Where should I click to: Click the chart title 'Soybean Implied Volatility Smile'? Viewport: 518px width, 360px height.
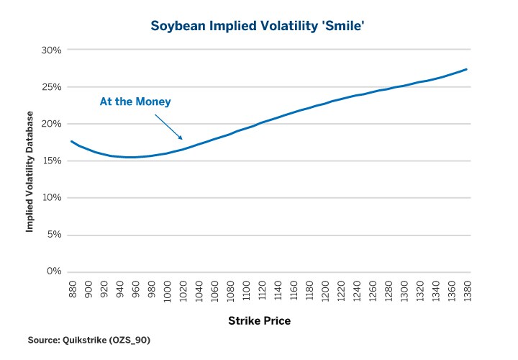258,26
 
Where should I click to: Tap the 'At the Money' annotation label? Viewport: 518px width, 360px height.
135,102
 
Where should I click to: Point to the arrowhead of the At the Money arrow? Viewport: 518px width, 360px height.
183,139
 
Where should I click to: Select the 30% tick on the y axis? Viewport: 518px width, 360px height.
51,50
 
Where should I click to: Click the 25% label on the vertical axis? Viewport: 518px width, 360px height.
51,87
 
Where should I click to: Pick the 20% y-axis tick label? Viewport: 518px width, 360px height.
51,124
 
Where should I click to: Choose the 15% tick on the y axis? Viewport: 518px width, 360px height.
51,161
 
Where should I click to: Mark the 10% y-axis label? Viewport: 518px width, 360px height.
51,197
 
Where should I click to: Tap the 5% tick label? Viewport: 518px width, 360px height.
53,235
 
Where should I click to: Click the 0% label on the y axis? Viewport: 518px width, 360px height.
53,271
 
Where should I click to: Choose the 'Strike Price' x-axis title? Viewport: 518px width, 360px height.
259,319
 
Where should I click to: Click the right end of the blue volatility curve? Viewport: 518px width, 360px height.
467,69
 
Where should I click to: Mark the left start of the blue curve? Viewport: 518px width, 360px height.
71,141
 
